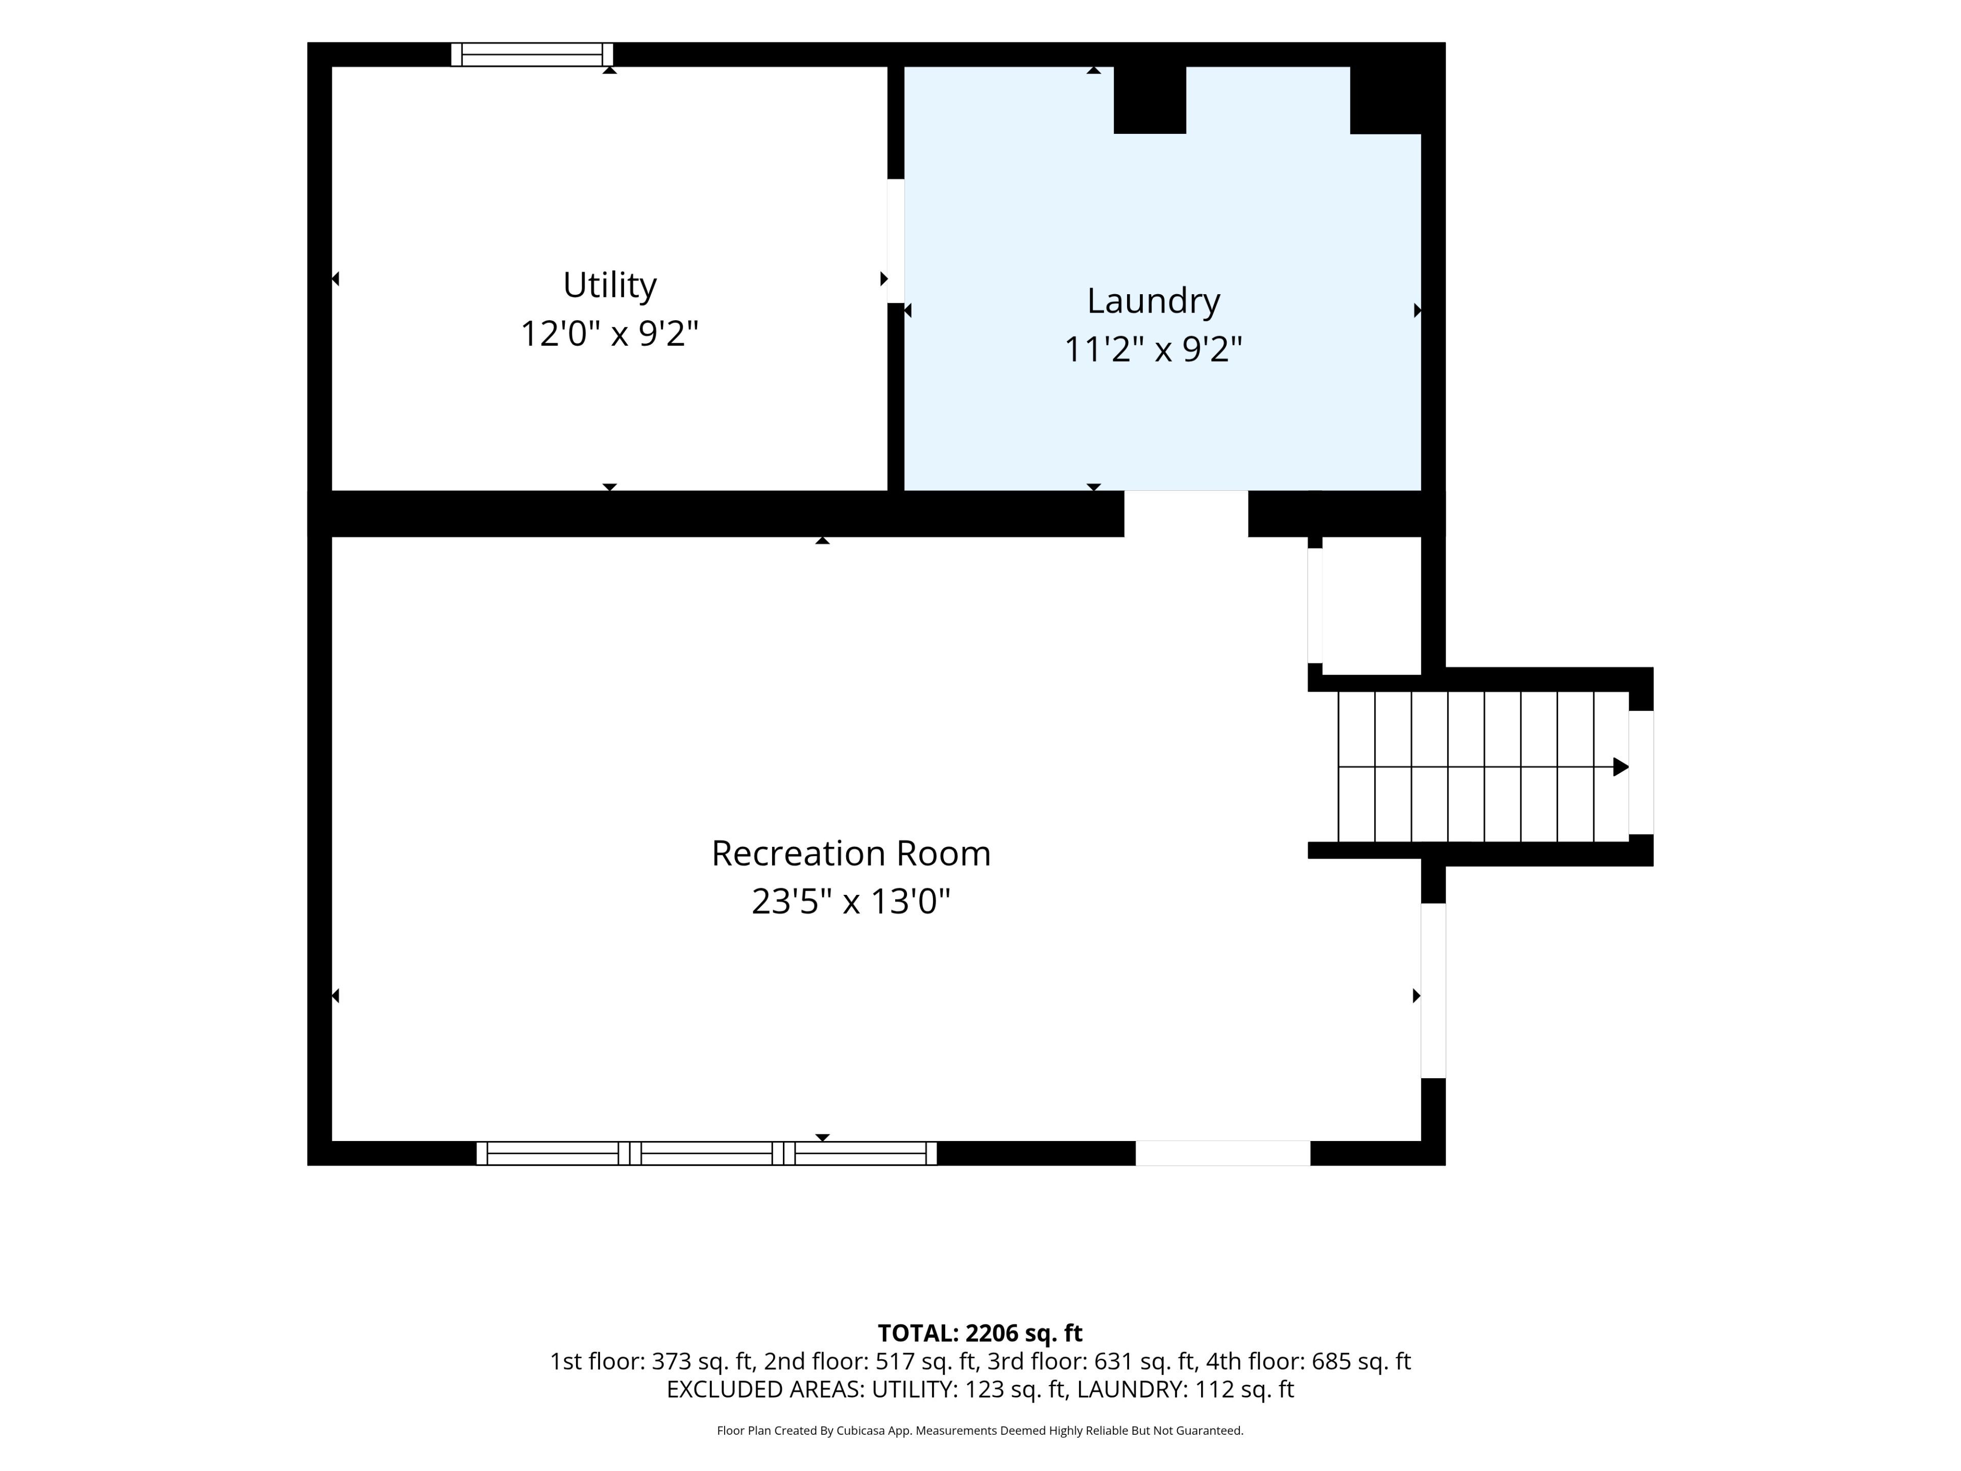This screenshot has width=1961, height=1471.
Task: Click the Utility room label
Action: pos(610,286)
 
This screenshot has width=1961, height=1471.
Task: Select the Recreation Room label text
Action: pos(851,853)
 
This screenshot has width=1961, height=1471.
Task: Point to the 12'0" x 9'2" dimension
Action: pos(610,334)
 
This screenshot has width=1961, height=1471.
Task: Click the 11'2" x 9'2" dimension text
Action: pos(1154,349)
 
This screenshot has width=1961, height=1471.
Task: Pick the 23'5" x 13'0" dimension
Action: pos(851,901)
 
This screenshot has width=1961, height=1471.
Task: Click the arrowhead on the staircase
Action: pos(1620,767)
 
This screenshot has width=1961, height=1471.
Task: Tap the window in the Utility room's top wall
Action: pos(532,54)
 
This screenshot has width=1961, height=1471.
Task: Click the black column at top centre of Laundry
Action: pos(1150,100)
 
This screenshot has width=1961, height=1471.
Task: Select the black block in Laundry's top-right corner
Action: pos(1385,100)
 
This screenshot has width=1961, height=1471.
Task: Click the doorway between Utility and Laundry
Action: pos(895,241)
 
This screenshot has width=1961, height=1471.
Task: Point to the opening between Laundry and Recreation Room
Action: pos(1186,513)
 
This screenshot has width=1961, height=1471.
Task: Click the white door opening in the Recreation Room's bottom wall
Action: pos(1223,1153)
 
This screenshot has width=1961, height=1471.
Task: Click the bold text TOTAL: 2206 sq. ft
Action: pos(979,1333)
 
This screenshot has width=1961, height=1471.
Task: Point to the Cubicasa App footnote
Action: pos(979,1430)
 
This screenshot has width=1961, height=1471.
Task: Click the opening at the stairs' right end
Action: pos(1641,772)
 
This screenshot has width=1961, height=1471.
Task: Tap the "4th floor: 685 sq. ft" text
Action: pos(1308,1361)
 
